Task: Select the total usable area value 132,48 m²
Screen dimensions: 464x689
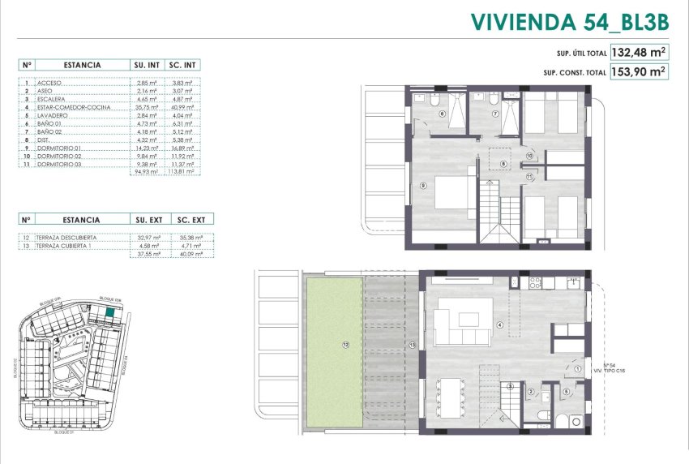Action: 640,53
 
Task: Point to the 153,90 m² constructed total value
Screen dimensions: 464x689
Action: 640,71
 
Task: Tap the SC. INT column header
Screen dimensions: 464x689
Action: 182,64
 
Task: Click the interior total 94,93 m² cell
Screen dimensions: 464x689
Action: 147,172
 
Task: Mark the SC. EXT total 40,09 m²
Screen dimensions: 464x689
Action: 182,253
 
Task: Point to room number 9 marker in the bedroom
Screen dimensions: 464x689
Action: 424,185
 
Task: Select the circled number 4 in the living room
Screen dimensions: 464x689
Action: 500,326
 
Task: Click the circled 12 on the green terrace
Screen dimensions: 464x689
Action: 345,345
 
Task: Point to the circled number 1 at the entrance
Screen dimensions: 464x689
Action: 577,370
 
